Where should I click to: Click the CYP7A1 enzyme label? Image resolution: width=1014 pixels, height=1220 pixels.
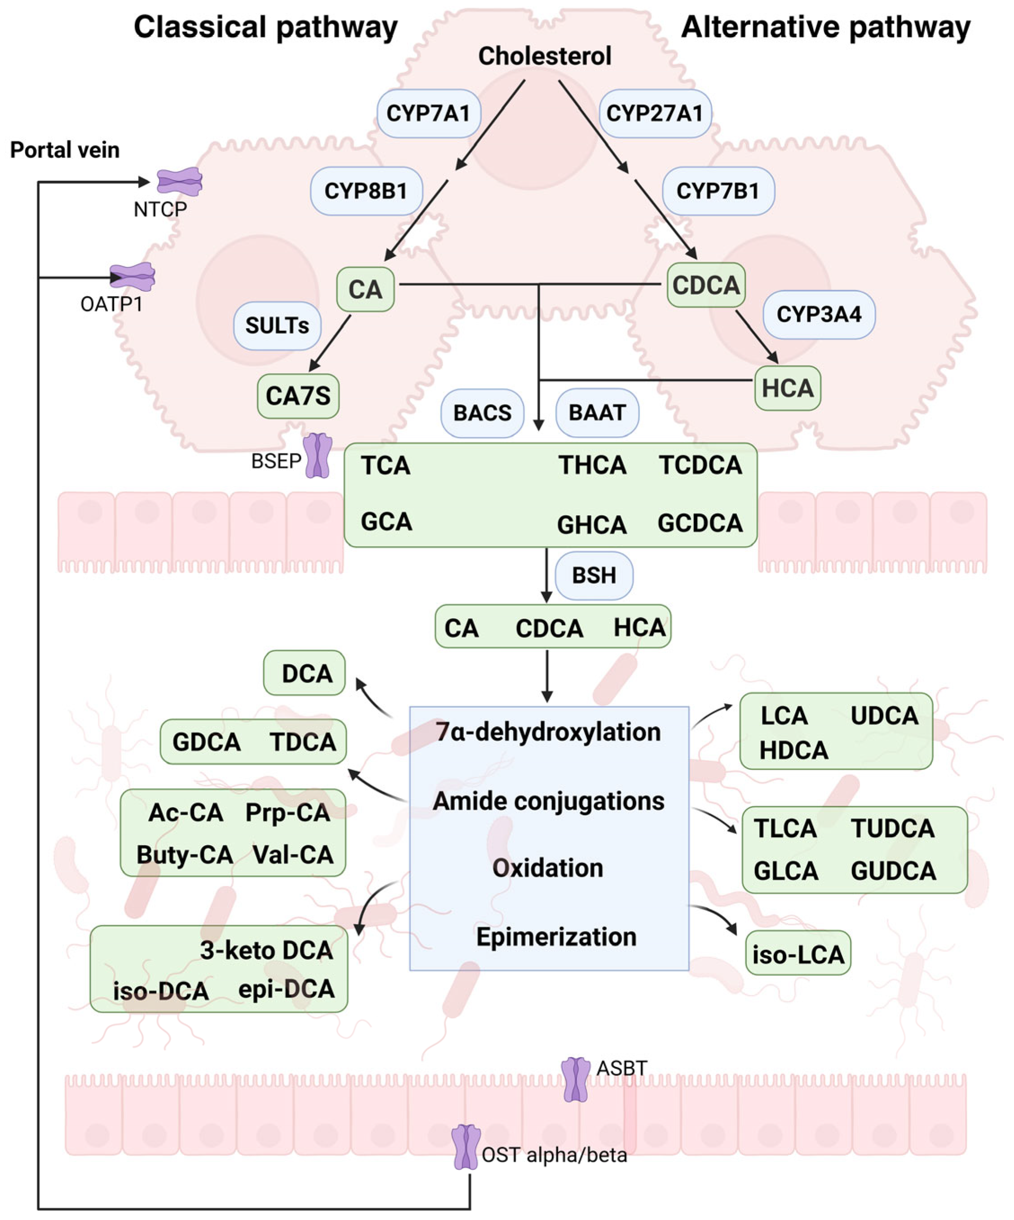(428, 113)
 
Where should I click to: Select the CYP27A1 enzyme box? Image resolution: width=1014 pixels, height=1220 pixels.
(654, 113)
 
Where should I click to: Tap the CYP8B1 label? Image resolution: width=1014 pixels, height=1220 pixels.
(366, 191)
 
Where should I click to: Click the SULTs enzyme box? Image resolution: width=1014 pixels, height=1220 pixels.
(277, 326)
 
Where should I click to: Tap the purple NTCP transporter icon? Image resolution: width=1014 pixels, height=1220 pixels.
(180, 182)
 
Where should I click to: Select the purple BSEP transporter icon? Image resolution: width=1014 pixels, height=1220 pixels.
(318, 456)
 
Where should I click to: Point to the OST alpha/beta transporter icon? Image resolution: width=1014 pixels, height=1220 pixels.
(466, 1147)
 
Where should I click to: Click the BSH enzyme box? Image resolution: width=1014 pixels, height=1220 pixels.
(593, 575)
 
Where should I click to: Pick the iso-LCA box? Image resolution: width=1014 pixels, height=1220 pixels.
(798, 955)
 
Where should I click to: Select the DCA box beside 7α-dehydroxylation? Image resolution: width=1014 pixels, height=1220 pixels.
(304, 673)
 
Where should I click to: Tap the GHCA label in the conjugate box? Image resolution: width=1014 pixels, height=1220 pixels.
(591, 525)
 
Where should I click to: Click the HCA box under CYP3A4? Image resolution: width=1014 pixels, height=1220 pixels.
(787, 388)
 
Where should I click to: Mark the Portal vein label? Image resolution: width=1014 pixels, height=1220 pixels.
(65, 150)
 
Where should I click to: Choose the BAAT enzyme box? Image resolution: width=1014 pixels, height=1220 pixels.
(597, 413)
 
